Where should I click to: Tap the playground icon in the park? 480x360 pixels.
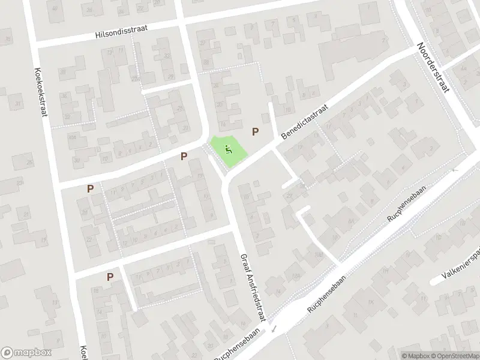pos(228,149)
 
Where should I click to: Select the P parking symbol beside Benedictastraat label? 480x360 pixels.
pos(256,132)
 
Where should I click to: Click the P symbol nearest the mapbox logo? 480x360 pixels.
pos(110,277)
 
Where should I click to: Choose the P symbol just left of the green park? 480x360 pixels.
pos(184,156)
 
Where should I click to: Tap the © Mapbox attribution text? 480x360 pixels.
pos(415,355)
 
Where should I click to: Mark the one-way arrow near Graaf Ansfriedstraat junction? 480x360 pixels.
pos(274,329)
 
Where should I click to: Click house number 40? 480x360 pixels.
pos(56,8)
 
